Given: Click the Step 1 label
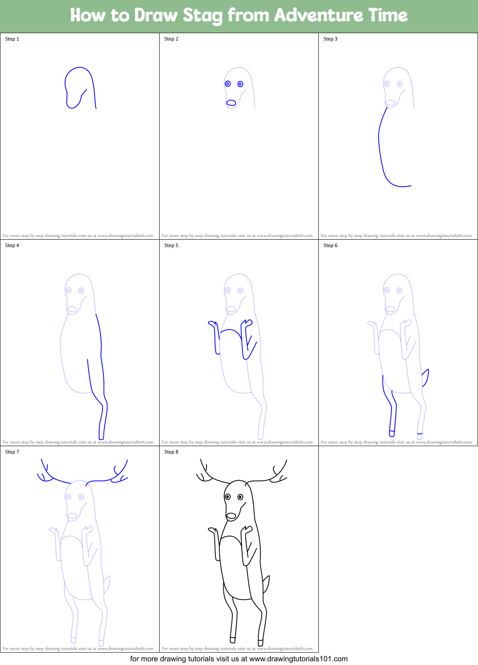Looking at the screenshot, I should tap(12, 39).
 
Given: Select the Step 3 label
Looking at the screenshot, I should tap(330, 39).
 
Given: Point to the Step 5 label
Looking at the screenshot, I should tap(171, 245).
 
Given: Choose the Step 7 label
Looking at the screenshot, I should tap(12, 452).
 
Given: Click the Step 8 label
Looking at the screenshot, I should tap(171, 452).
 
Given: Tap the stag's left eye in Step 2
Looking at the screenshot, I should tap(228, 84).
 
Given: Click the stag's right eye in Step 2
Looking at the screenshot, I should tap(240, 84).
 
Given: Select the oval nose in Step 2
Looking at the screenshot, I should tap(231, 103).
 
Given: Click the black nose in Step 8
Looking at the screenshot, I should tap(231, 516).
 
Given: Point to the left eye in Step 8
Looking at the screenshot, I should tap(228, 497).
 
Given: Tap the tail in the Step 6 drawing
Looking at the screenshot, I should tap(425, 377).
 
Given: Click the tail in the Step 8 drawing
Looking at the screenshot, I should tap(266, 584).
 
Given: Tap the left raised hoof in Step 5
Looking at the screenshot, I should tap(213, 324).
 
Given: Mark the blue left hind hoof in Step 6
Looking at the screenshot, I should tap(392, 433).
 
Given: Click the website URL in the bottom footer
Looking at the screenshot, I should tap(298, 659).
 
